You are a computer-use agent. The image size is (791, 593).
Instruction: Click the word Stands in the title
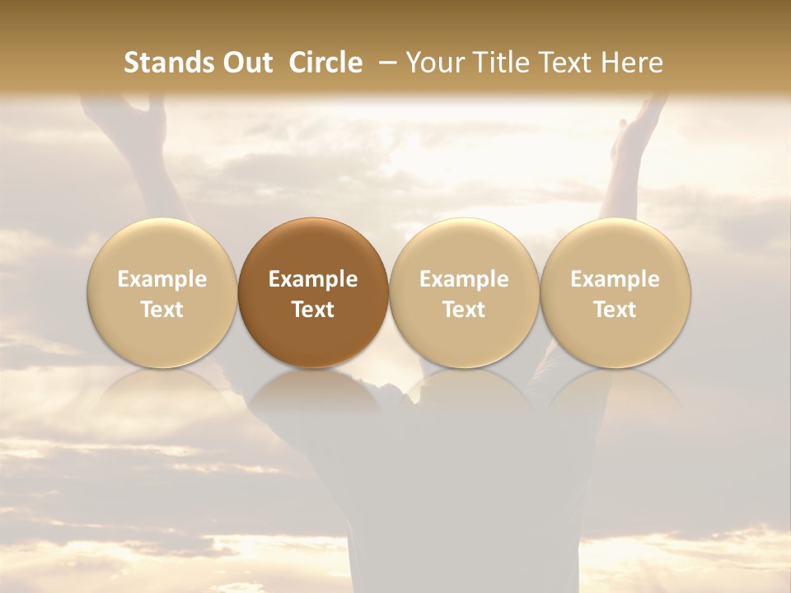click(x=167, y=63)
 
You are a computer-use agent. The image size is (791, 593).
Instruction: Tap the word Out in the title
click(x=246, y=63)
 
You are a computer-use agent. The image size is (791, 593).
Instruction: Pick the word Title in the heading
click(x=494, y=63)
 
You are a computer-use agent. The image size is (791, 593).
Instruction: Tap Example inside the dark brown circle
click(x=313, y=279)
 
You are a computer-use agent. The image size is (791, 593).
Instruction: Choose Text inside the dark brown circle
click(x=313, y=310)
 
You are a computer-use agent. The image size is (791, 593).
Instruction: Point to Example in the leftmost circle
click(x=161, y=279)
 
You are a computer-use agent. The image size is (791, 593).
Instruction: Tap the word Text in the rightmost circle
click(x=615, y=310)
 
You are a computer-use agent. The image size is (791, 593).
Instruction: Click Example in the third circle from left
click(x=464, y=279)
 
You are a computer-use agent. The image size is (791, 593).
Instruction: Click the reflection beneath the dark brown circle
click(x=313, y=395)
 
